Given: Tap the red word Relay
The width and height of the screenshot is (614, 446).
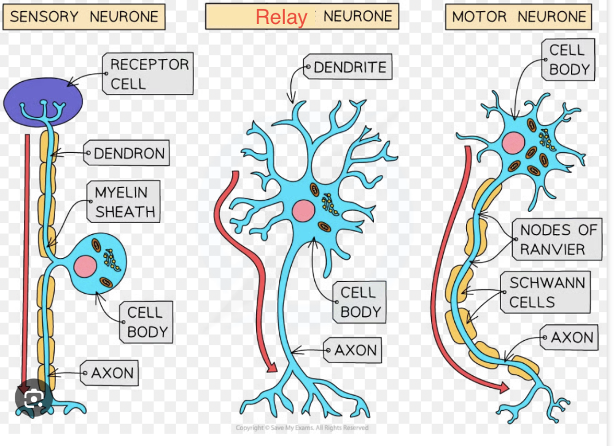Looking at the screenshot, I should pyautogui.click(x=281, y=17).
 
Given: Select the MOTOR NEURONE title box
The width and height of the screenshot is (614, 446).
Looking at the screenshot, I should pyautogui.click(x=518, y=17).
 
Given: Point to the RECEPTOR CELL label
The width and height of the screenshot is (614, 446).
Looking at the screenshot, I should pyautogui.click(x=149, y=74).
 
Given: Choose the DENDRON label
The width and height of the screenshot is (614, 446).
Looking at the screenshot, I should pyautogui.click(x=130, y=154).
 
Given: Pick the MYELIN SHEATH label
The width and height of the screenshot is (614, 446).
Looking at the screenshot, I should pyautogui.click(x=124, y=202).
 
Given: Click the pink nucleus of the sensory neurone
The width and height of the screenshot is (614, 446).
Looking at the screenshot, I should pyautogui.click(x=85, y=267).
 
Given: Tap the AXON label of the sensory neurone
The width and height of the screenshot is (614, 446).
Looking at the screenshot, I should pyautogui.click(x=112, y=373).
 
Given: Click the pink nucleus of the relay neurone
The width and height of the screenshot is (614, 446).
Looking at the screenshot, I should pyautogui.click(x=303, y=211).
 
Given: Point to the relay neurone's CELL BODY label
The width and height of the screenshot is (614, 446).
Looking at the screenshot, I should pyautogui.click(x=361, y=302).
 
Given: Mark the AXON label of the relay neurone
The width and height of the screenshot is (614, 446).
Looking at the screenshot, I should pyautogui.click(x=356, y=351).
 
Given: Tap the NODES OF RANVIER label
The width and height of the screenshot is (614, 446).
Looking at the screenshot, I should pyautogui.click(x=558, y=240).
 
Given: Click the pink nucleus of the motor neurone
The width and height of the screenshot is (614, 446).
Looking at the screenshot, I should pyautogui.click(x=513, y=143).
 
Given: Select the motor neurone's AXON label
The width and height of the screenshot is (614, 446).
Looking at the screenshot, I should pyautogui.click(x=572, y=338).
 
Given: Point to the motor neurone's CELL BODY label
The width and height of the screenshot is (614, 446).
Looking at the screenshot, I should pyautogui.click(x=569, y=60).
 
